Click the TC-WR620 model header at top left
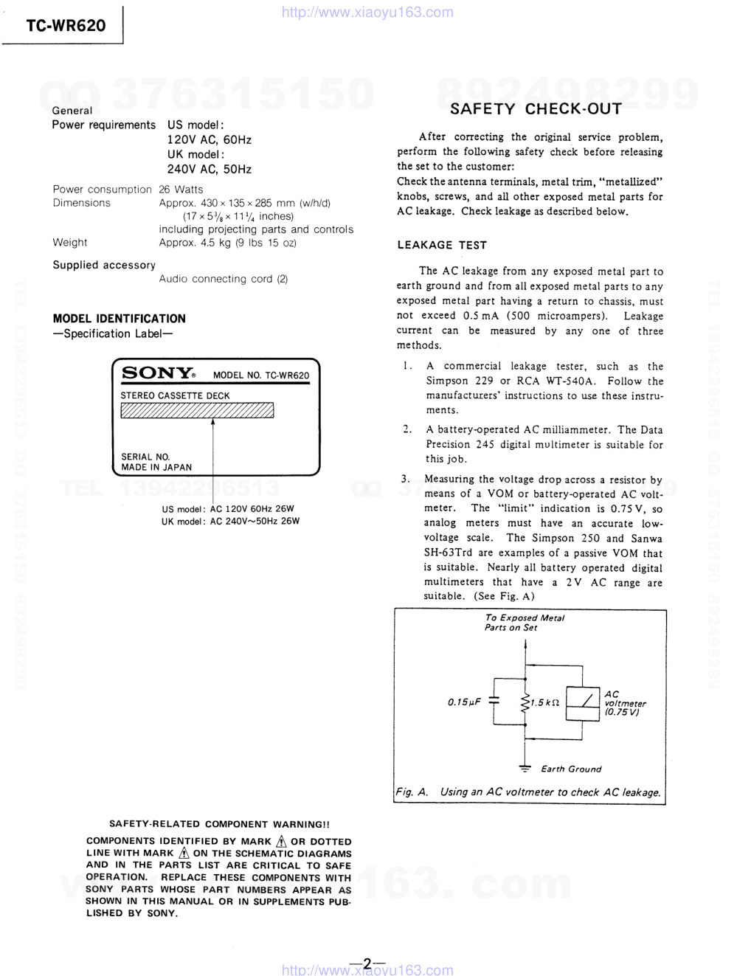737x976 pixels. pos(66,26)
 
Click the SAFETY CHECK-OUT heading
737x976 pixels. pos(536,109)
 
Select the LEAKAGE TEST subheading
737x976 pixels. pos(442,245)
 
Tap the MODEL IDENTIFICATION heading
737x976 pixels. pos(119,319)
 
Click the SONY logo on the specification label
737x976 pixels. pos(158,373)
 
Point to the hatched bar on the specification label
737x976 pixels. pos(197,410)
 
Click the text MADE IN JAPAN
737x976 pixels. pos(156,467)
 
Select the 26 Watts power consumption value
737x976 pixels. pos(181,190)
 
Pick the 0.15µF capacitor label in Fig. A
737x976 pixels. pos(464,702)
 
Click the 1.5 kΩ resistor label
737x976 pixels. pos(544,703)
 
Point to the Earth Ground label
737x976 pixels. pos(571,769)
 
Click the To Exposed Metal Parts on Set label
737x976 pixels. pos(524,623)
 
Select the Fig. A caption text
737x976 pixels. pos(528,792)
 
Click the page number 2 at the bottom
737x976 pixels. pos(367,963)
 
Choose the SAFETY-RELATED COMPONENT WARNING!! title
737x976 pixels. pos(219,824)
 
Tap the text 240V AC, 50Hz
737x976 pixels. pos(209,169)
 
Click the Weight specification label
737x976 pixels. pos(69,243)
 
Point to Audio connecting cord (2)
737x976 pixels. pos(224,279)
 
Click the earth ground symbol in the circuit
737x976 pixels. pos(525,769)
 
